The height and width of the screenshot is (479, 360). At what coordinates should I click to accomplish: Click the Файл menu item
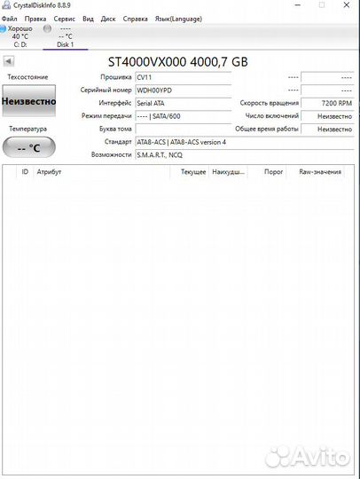coord(10,18)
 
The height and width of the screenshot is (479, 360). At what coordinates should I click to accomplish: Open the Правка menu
coord(35,18)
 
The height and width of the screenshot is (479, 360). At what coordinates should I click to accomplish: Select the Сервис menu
coord(64,18)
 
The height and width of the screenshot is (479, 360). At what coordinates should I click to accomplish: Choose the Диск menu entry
coord(108,18)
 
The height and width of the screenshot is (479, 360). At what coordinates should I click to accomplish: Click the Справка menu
coord(136,18)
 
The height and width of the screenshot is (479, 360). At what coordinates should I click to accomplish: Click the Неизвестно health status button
coord(28,102)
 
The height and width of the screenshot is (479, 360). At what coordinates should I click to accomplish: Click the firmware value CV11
coord(182,77)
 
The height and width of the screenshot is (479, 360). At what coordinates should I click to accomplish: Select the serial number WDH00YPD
coord(182,90)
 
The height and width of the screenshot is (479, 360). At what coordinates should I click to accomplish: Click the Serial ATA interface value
coord(182,103)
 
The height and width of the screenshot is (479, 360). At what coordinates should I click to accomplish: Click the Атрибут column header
coord(50,171)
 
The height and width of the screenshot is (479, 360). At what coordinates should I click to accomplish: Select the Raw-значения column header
coord(319,171)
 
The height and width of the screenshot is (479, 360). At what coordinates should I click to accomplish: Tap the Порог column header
coord(274,171)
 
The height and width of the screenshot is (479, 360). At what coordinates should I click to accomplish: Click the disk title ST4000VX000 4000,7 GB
coord(177,61)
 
